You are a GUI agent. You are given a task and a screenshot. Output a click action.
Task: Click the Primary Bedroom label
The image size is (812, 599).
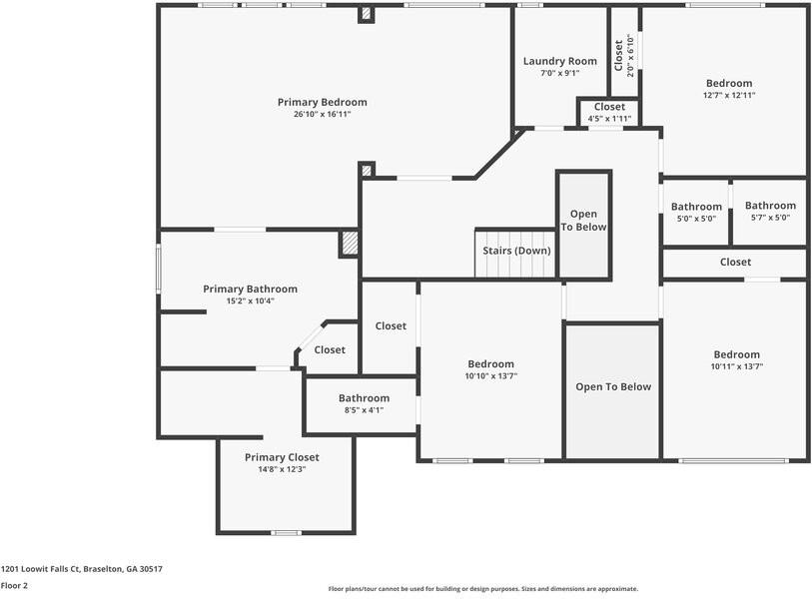point(322,102)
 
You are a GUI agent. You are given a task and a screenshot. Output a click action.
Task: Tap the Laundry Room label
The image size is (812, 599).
point(559,61)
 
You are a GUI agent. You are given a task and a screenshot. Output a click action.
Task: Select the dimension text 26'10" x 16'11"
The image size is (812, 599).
point(322,115)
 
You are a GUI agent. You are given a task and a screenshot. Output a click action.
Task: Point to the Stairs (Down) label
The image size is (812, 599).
point(516,251)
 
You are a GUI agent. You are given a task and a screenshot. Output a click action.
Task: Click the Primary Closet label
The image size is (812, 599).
point(282,457)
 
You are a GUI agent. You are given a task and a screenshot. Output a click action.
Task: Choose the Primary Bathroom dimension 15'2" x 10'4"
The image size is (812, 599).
point(250,300)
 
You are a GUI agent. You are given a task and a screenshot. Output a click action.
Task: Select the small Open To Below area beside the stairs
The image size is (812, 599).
point(583,221)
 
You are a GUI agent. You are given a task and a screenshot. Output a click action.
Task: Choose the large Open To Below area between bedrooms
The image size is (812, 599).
point(612,387)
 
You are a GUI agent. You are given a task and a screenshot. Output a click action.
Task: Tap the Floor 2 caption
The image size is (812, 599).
point(14,586)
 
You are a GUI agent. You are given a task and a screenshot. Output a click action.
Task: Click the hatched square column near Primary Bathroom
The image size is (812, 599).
point(350,243)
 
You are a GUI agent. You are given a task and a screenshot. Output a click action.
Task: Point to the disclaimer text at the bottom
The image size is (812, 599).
point(482,589)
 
